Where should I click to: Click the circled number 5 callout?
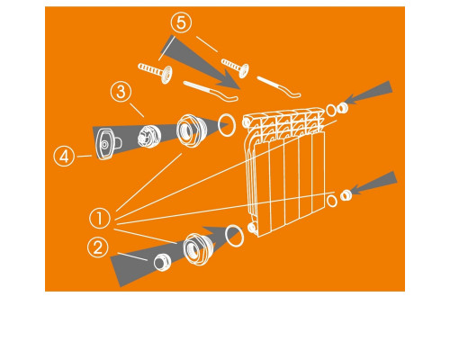click(x=181, y=23)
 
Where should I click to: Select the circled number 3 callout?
click(x=121, y=92)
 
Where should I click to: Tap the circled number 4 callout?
click(x=64, y=157)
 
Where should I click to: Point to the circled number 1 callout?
click(x=100, y=218)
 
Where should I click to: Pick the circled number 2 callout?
click(x=97, y=247)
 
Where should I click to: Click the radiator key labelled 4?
click(x=107, y=144)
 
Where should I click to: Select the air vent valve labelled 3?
click(x=149, y=137)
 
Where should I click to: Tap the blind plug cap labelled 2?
click(x=162, y=262)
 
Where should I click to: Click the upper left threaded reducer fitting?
click(x=191, y=130)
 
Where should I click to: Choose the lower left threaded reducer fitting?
click(x=199, y=248)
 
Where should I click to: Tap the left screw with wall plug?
click(x=156, y=71)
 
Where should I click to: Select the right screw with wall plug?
click(x=235, y=67)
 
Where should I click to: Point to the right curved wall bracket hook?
click(x=279, y=86)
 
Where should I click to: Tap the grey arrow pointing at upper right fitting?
click(x=369, y=92)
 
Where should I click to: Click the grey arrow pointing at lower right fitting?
click(x=373, y=183)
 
